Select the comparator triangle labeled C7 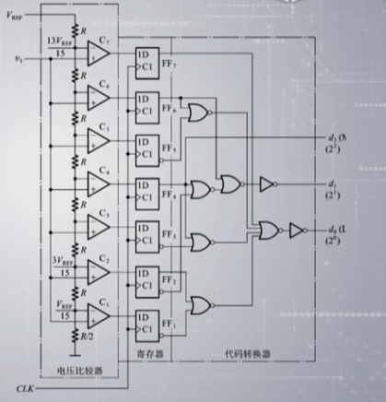pyautogui.click(x=99, y=54)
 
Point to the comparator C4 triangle pyautogui.click(x=99, y=184)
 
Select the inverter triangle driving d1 pyautogui.click(x=267, y=183)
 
